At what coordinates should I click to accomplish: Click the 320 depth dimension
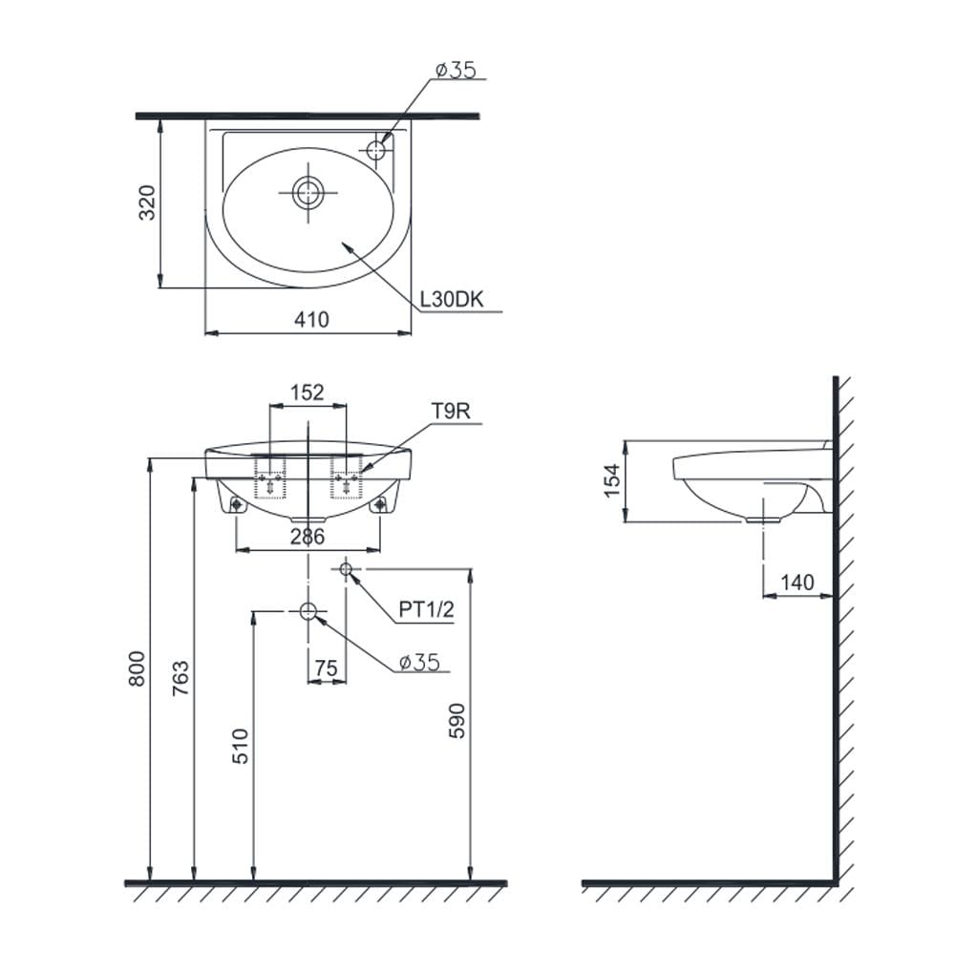click(147, 202)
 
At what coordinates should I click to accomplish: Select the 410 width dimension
click(311, 319)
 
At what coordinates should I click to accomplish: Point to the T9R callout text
click(452, 411)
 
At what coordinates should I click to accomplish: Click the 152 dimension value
click(307, 393)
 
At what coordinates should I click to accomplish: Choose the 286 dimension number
click(308, 537)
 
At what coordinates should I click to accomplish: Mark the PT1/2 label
click(426, 609)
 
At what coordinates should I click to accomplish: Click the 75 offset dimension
click(326, 668)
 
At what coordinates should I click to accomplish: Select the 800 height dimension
click(137, 668)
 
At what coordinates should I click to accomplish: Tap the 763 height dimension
click(180, 679)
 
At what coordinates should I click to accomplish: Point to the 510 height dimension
click(240, 746)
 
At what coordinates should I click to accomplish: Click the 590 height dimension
click(456, 721)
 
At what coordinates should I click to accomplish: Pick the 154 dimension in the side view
click(611, 480)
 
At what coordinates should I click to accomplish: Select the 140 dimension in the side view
click(797, 583)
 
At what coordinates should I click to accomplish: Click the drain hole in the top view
click(308, 193)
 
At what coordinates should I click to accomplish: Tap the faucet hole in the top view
click(376, 149)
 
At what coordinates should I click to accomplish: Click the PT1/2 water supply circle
click(346, 569)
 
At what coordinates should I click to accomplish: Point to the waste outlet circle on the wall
click(308, 611)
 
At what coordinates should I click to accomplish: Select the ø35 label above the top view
click(456, 70)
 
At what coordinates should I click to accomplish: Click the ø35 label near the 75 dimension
click(419, 662)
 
